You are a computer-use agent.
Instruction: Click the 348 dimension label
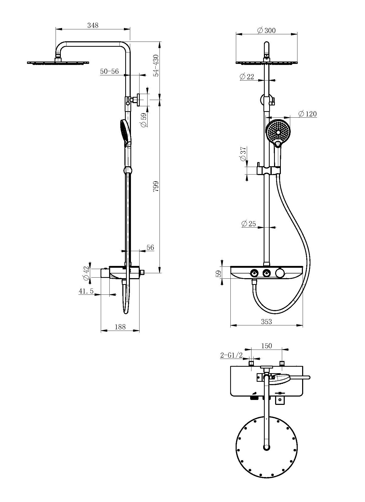coord(93,25)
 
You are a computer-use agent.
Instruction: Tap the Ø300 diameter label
coord(266,30)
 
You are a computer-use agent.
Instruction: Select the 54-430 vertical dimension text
coord(156,65)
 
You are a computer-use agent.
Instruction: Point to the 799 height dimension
coord(156,187)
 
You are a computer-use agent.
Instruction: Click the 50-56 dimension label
coord(109,71)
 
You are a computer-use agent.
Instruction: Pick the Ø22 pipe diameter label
coord(247,77)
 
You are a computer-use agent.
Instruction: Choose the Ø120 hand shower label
coord(308,114)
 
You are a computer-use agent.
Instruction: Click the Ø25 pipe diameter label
coord(249,224)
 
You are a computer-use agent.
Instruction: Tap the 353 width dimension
coord(266,322)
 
